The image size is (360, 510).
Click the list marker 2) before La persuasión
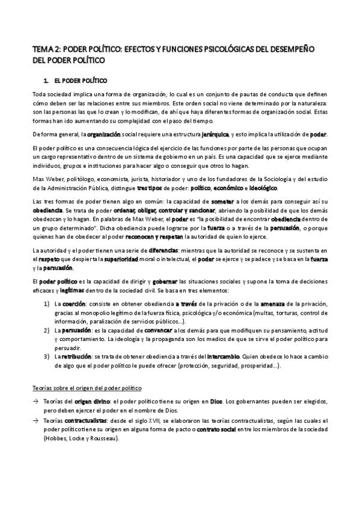click(46, 331)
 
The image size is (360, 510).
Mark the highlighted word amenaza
click(277, 305)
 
